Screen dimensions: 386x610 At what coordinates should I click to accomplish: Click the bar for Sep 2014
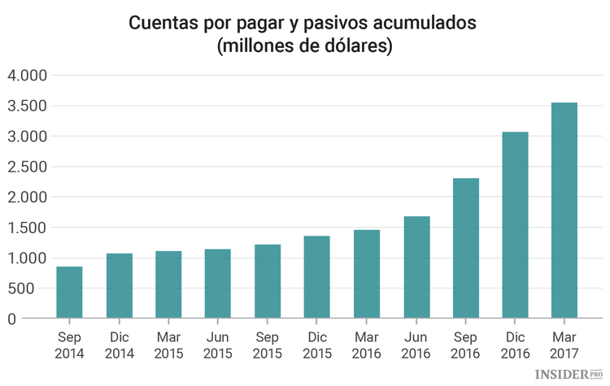[69, 293]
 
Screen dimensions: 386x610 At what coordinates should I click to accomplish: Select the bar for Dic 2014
[119, 286]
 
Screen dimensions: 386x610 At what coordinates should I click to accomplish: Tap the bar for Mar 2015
[168, 284]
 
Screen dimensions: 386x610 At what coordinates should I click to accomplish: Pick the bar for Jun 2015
[218, 284]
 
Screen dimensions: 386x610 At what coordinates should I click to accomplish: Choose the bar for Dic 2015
[317, 277]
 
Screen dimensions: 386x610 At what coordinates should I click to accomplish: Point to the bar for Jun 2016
[416, 267]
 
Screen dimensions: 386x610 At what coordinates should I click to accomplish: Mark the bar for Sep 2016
[465, 248]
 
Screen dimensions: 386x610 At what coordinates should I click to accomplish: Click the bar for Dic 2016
[515, 225]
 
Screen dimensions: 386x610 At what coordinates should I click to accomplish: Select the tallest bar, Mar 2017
[564, 210]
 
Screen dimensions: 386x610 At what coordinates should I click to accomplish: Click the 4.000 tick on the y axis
[27, 76]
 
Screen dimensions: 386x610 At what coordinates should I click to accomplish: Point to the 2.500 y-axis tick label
[27, 167]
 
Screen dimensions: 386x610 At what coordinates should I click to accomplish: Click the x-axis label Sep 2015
[268, 345]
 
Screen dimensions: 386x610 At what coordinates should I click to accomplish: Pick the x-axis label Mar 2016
[367, 345]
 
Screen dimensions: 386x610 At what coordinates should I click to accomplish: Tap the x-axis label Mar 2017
[564, 345]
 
